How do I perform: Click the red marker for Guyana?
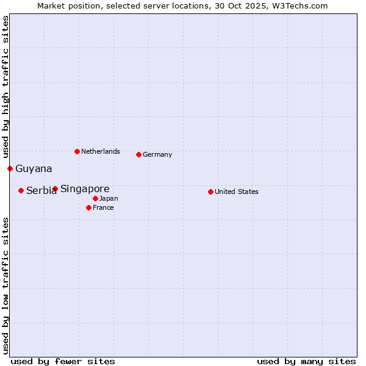[10, 168]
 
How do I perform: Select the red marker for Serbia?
[21, 190]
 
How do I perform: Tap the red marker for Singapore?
[55, 188]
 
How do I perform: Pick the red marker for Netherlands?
[77, 151]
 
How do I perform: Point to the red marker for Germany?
[138, 154]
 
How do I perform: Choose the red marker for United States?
[210, 192]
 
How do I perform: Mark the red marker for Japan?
[95, 198]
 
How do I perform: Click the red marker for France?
[88, 207]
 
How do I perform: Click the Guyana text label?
[34, 168]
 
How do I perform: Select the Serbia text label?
[41, 191]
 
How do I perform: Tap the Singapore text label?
[85, 188]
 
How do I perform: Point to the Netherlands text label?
[100, 151]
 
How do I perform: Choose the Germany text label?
[157, 154]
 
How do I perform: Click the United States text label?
[236, 192]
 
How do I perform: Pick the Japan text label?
[109, 198]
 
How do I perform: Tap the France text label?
[103, 207]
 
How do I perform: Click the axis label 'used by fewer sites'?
[63, 361]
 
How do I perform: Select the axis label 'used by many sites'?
[306, 361]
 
